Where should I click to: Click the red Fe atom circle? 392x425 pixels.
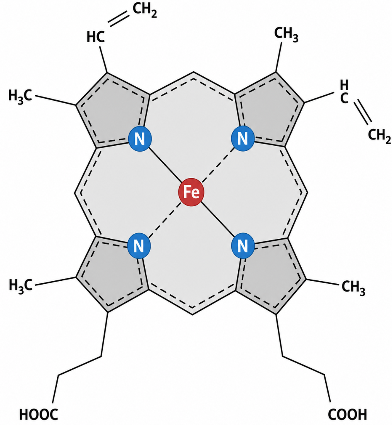tap(192, 192)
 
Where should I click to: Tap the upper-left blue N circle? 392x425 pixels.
tap(139, 138)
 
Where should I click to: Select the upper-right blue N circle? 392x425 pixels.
tap(243, 138)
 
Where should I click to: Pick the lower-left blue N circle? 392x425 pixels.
tap(139, 246)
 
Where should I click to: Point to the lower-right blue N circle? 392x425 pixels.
tap(243, 246)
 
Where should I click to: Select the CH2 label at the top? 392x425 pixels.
tap(145, 10)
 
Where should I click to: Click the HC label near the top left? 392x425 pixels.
tap(95, 37)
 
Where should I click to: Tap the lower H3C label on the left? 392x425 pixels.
tap(20, 285)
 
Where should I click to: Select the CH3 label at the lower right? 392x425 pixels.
tap(353, 287)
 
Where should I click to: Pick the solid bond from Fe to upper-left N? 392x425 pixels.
tap(165, 165)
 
